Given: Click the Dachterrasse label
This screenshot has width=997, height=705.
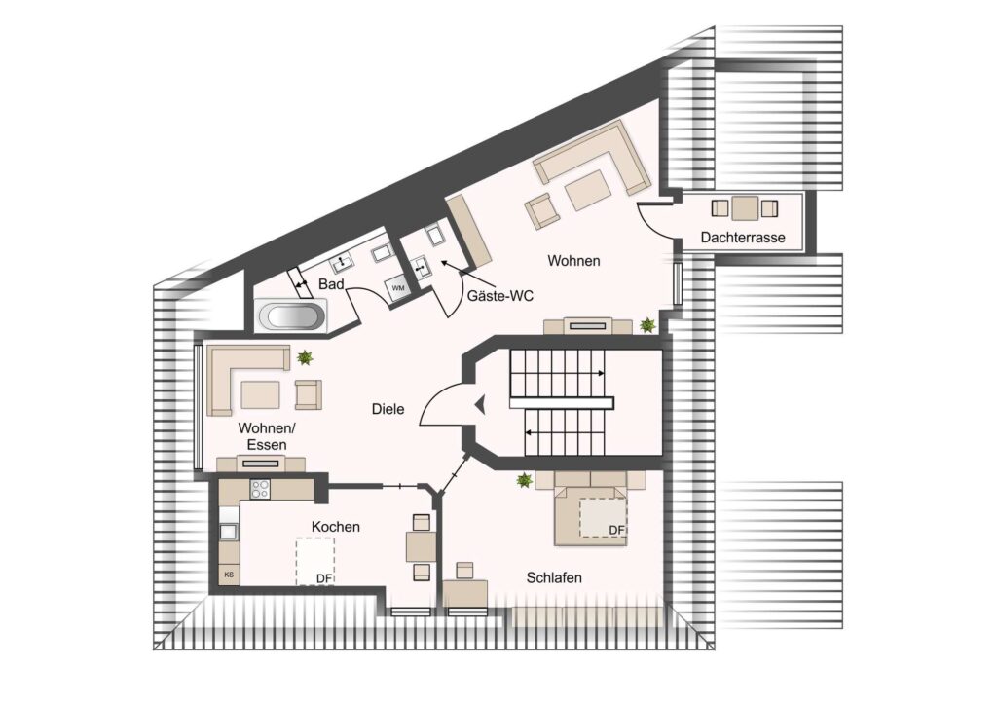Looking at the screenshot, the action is pos(743,238).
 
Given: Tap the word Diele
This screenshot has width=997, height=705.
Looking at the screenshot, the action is pos(388,409).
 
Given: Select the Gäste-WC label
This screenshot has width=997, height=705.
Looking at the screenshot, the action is pos(499,296).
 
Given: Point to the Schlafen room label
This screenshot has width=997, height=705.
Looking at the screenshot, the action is pos(554,577).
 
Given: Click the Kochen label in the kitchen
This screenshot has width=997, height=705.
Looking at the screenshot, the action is pos(336,527).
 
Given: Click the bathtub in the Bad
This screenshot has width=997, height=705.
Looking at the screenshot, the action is pos(292,315).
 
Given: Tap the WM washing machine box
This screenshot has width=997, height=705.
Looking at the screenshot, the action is pos(398,288).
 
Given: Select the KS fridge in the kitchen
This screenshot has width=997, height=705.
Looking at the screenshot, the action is pos(229,575).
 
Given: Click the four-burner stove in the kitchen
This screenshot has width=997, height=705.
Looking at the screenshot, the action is pos(260,489).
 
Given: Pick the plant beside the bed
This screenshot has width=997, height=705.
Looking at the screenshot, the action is pos(525,480).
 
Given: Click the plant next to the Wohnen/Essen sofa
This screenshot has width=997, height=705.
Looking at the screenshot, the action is pos(305,357).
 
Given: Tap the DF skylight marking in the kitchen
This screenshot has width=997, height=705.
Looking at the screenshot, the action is pos(315,561).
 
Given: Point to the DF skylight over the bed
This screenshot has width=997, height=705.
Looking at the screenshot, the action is pos(603,517).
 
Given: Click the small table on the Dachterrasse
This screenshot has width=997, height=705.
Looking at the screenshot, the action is pos(745,207).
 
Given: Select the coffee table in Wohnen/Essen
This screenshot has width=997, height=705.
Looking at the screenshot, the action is pos(260,394).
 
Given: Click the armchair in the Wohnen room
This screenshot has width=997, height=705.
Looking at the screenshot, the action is pos(542,210).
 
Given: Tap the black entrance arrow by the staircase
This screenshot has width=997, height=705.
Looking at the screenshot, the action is pos(480,404).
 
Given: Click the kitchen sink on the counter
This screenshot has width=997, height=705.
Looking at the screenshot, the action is pos(228,532).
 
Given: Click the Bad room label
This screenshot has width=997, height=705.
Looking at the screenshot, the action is pos(331,284).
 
